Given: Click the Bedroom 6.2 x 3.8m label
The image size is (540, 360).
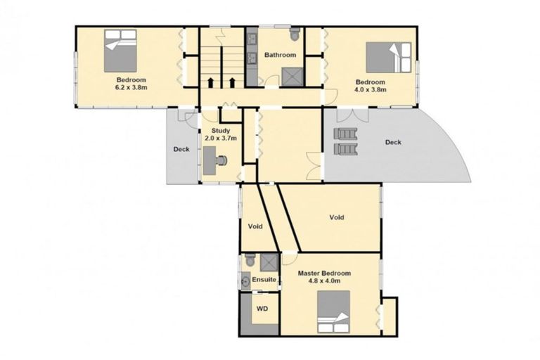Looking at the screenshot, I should (x=131, y=84).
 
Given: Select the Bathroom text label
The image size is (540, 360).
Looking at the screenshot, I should (x=280, y=55).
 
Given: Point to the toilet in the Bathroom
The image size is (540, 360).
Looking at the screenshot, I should (x=295, y=34).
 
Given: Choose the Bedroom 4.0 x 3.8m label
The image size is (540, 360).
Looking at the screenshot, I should (x=370, y=85).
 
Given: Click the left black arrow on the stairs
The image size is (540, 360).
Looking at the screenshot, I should (x=210, y=82).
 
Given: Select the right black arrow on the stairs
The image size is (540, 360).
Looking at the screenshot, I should (x=231, y=82).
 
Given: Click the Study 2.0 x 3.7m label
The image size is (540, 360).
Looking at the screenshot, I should (x=219, y=134).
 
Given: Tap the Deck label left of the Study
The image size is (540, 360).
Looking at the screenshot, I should (x=181, y=149).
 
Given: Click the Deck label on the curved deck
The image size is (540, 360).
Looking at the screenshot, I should (x=393, y=143).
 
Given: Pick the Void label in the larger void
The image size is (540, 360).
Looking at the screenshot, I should (x=337, y=217).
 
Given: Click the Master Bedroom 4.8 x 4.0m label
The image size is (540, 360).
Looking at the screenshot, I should (x=324, y=276).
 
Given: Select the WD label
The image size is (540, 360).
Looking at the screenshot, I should (x=262, y=308).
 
